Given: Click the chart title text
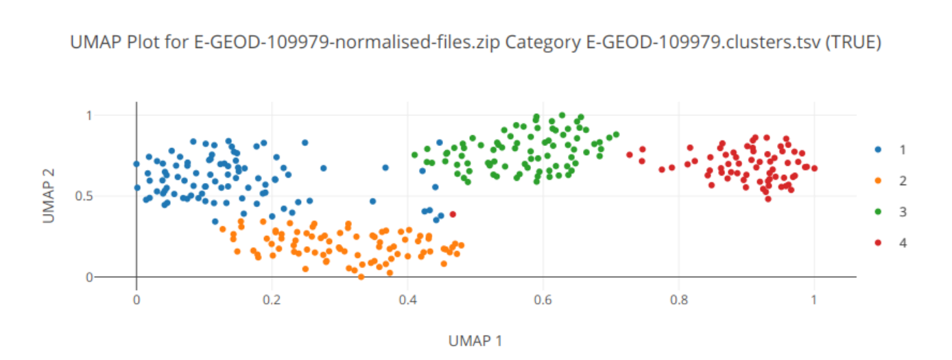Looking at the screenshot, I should pyautogui.click(x=475, y=43).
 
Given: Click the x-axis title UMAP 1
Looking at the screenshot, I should pyautogui.click(x=475, y=341).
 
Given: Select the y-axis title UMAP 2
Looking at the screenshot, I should pyautogui.click(x=48, y=196).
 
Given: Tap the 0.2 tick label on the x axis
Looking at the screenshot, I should pyautogui.click(x=272, y=299).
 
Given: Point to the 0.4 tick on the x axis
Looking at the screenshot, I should pyautogui.click(x=407, y=299).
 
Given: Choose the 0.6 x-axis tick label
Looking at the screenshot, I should pyautogui.click(x=543, y=299).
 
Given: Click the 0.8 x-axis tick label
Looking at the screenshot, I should pyautogui.click(x=678, y=299).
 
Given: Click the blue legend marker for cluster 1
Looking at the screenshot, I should pyautogui.click(x=879, y=149).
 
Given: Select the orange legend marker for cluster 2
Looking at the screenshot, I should pyautogui.click(x=879, y=181).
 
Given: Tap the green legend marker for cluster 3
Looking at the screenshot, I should pyautogui.click(x=879, y=212).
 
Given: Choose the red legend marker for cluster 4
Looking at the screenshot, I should pyautogui.click(x=879, y=243).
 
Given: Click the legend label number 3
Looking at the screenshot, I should pyautogui.click(x=903, y=212).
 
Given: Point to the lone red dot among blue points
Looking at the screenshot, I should pyautogui.click(x=453, y=215).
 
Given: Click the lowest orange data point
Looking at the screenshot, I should pyautogui.click(x=361, y=276).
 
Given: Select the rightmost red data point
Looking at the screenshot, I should pyautogui.click(x=814, y=168).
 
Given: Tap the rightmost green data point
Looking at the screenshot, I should pyautogui.click(x=616, y=134).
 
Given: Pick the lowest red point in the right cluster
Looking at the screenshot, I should pyautogui.click(x=768, y=199).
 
